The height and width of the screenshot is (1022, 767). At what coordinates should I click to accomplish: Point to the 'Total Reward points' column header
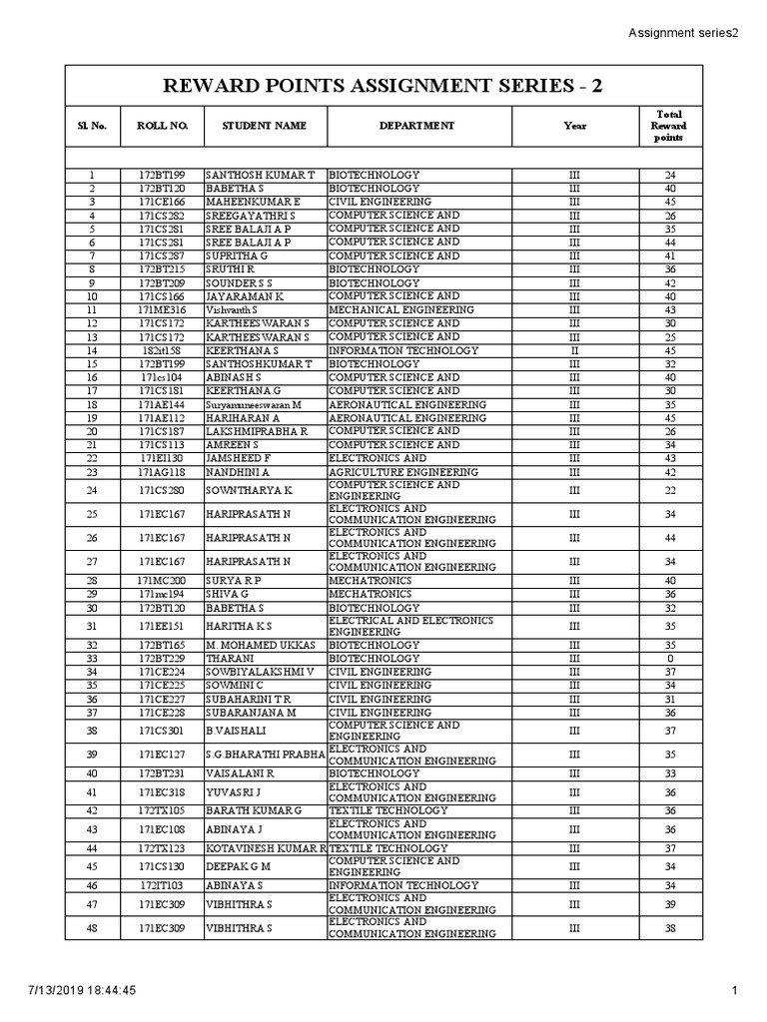669,126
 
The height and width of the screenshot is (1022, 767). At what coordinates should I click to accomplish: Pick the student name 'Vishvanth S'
232,310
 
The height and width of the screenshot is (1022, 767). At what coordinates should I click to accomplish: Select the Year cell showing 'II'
574,351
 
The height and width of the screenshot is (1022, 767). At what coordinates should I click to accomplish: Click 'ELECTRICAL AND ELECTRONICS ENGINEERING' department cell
410,627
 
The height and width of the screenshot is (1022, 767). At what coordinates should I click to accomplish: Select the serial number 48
91,928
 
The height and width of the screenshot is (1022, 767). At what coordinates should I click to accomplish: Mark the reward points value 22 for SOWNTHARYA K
669,491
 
